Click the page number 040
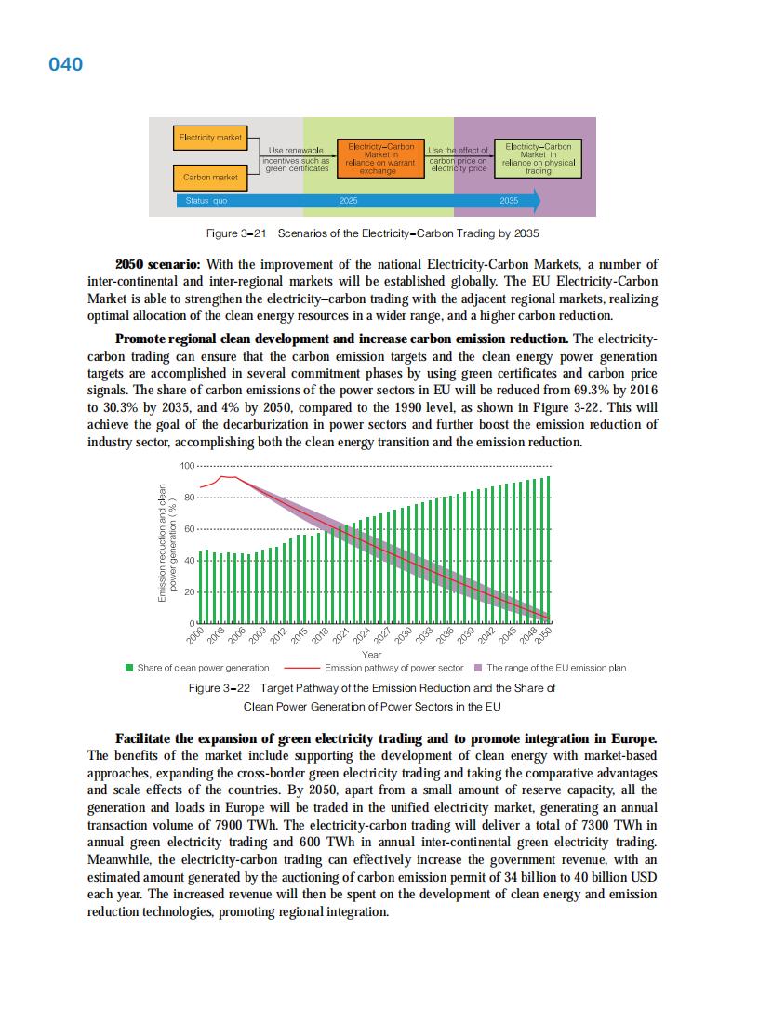coord(65,64)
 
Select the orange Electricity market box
coord(210,138)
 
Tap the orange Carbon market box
coord(210,177)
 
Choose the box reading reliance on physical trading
coord(538,158)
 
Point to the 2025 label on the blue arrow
coord(349,201)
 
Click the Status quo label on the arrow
coord(206,201)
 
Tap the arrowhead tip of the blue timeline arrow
coord(539,201)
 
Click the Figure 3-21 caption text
coord(372,232)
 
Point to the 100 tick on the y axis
coord(186,466)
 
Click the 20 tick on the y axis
coord(189,592)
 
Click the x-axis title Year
coord(372,655)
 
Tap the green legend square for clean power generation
coord(129,668)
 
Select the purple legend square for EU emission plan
coord(478,668)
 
